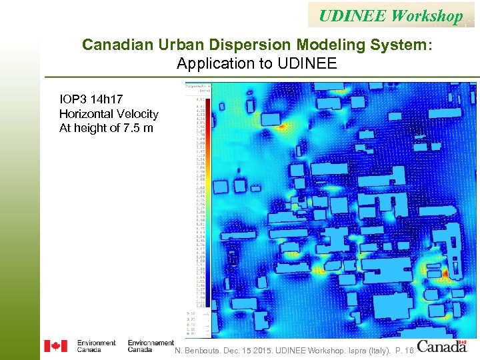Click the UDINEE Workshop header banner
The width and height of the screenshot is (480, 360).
pos(391,15)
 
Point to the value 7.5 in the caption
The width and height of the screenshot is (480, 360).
pos(131,128)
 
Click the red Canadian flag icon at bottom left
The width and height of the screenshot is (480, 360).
pos(55,346)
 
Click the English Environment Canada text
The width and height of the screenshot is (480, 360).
pos(96,346)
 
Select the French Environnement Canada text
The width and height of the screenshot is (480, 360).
pos(150,346)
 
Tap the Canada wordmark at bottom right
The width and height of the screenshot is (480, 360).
pos(442,346)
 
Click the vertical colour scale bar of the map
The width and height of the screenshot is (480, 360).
pos(208,200)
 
